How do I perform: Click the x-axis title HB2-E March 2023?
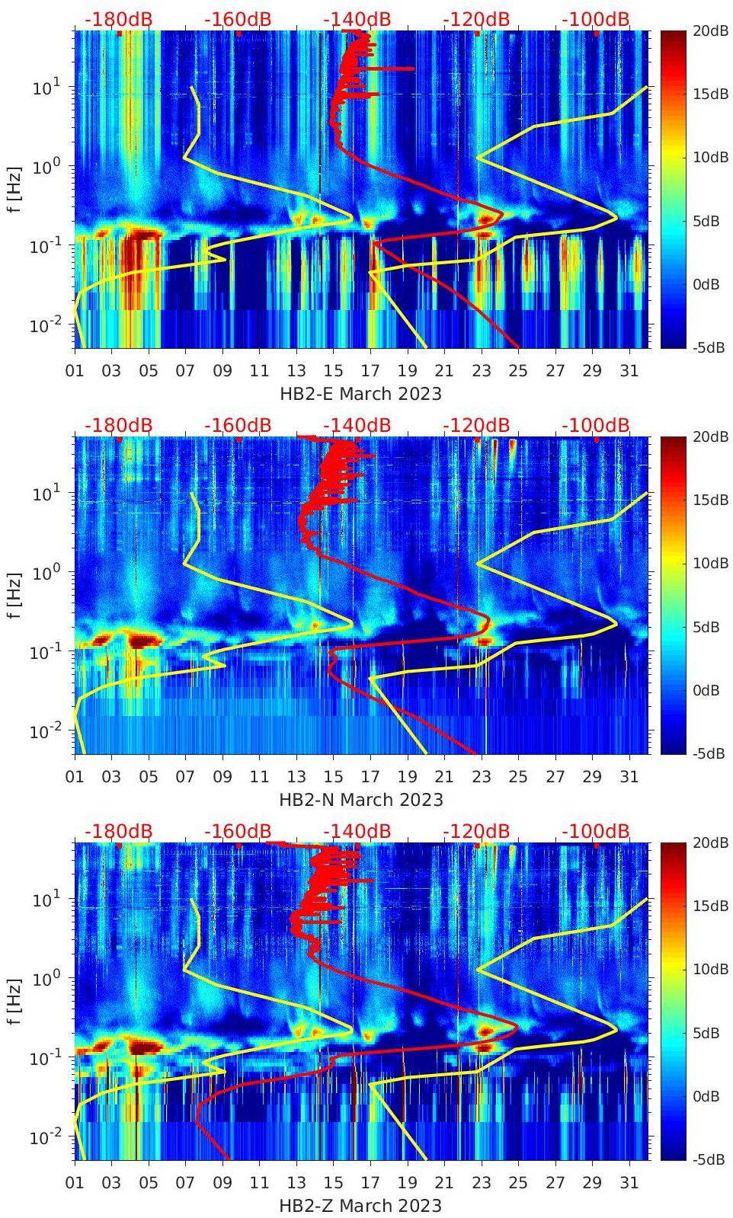(x=360, y=394)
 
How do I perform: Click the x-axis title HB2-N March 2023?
(x=360, y=800)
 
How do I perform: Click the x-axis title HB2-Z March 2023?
(x=360, y=1206)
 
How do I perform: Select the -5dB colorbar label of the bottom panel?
(x=709, y=1159)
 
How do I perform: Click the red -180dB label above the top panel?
(x=118, y=19)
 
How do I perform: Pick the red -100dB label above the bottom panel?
(x=596, y=831)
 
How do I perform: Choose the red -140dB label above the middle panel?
(x=357, y=425)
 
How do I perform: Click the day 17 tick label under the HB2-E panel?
(x=370, y=371)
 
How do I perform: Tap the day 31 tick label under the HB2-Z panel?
(x=629, y=1183)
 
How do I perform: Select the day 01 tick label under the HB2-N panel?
(x=75, y=777)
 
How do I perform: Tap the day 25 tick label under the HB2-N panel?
(x=518, y=777)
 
